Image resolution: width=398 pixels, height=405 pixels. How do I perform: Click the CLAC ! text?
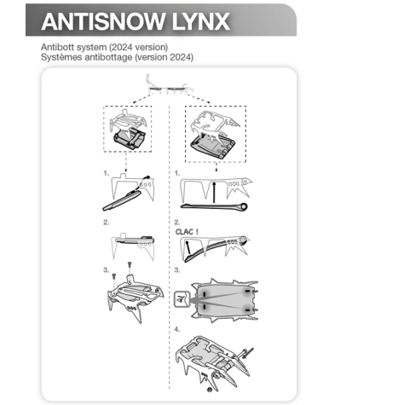coord(187,229)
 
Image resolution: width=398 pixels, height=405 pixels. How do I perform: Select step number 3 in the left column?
coord(106,269)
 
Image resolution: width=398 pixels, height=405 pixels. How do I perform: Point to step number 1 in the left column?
coord(106,172)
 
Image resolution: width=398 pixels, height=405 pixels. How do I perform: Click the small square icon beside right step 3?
coord(181,299)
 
